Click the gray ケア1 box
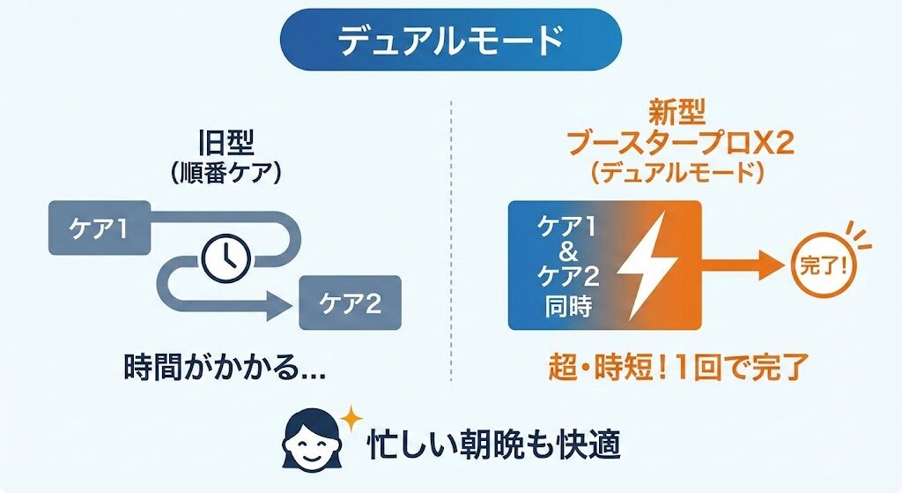click(x=99, y=229)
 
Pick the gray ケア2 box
click(x=349, y=304)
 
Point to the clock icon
click(x=226, y=257)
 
